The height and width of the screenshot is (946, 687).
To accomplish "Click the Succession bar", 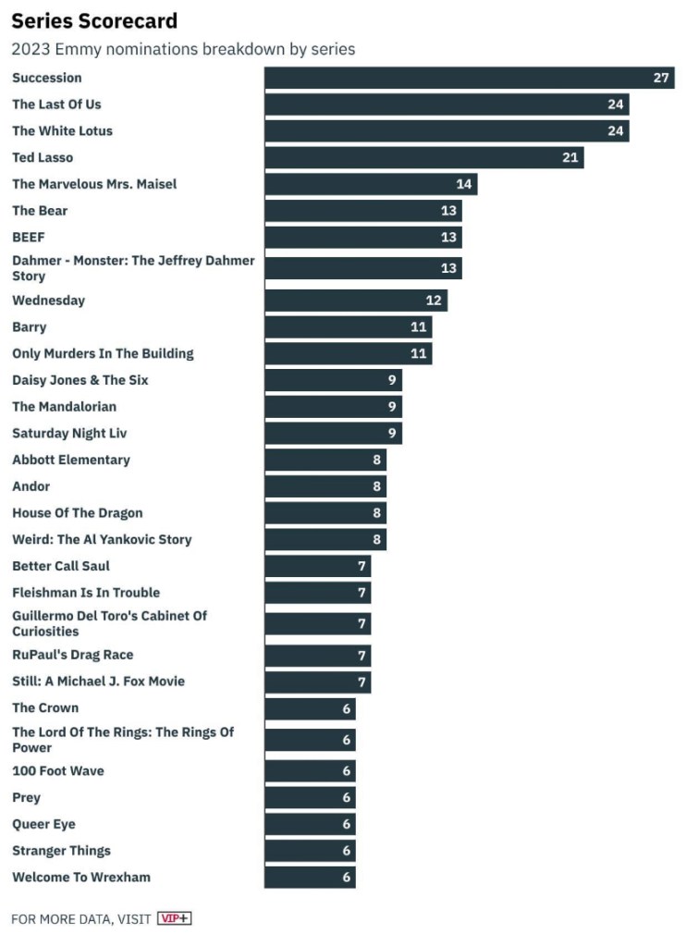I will coord(469,78).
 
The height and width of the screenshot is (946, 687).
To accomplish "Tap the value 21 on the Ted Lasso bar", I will coord(570,158).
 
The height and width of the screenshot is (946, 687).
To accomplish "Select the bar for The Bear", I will coord(362,211).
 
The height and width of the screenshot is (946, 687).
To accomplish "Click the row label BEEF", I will coord(29,238).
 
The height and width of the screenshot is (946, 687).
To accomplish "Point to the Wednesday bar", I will coord(355,301).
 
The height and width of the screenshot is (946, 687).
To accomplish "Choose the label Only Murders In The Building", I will coord(103,353).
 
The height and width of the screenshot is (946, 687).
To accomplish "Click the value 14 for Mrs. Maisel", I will coord(464,184).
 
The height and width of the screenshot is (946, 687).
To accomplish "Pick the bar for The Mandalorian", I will coord(333,407).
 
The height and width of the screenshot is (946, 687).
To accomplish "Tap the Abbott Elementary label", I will coord(71,460).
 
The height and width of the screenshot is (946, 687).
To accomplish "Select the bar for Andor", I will coord(325,486).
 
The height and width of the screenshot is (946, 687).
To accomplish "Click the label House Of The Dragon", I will coord(78,513).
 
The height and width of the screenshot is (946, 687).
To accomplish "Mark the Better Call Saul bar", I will coord(317,566).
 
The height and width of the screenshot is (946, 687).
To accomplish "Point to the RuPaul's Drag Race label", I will coord(73,655).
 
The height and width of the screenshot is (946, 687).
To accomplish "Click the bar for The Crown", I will coord(310,708).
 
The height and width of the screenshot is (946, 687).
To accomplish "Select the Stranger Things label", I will coord(61,851).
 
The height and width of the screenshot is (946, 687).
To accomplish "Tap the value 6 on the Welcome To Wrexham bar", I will coord(347,878).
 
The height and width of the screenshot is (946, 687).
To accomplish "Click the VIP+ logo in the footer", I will coord(174,918).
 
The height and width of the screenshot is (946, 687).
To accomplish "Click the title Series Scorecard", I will coord(94,21).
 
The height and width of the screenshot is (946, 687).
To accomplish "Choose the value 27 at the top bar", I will coord(661,78).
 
